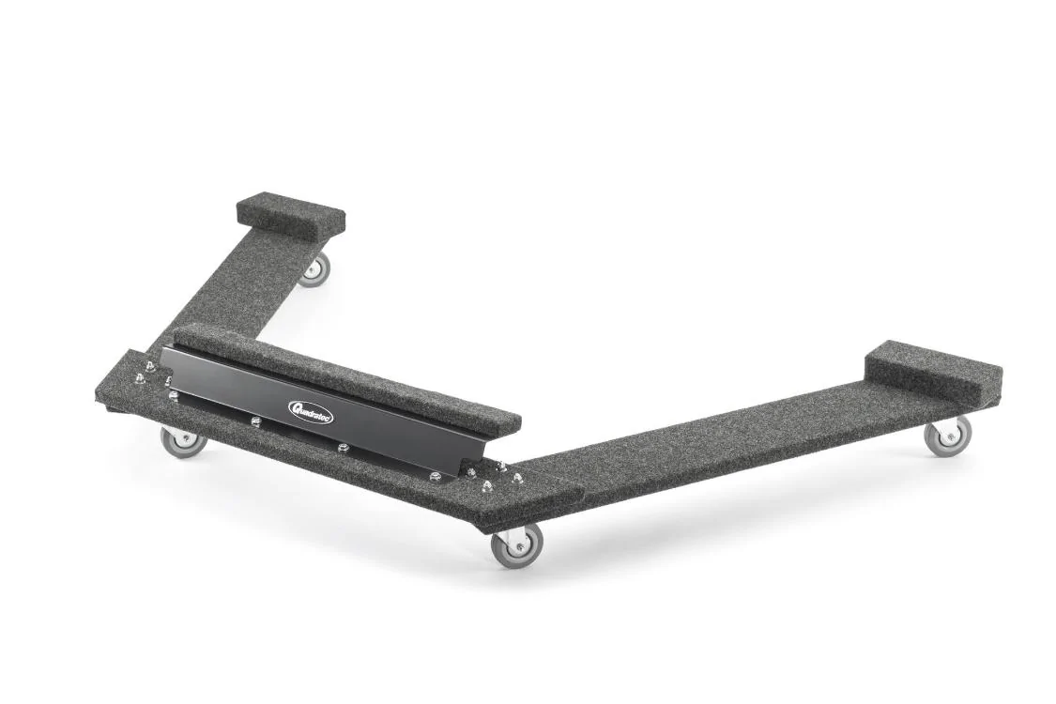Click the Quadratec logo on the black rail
click(x=309, y=407)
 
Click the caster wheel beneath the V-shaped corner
click(x=516, y=546)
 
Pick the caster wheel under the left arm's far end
click(x=314, y=269)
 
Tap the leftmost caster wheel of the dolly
click(x=183, y=441)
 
